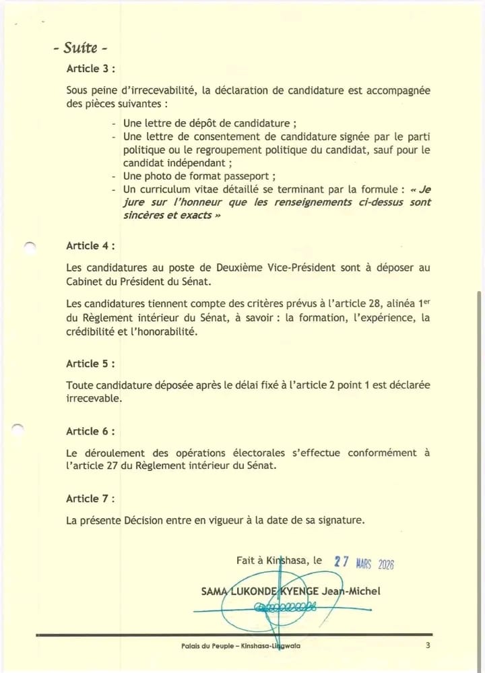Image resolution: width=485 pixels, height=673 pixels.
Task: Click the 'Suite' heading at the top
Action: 80,48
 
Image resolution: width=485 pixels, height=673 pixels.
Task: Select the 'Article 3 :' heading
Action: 90,69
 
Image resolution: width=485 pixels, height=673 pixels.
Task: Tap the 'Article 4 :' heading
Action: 90,246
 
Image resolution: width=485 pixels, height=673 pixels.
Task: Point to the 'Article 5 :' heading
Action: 90,364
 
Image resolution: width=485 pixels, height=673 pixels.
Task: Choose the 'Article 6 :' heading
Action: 90,431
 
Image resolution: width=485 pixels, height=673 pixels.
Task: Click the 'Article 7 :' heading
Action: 90,499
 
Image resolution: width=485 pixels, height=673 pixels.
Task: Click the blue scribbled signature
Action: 283,608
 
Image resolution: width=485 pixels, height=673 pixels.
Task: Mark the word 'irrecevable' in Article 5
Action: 94,399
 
